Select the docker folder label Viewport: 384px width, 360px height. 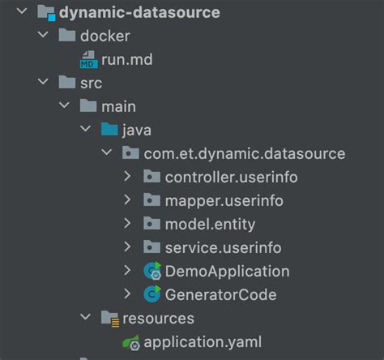pos(105,36)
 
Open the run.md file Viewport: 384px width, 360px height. pos(126,59)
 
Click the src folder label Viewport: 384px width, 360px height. pos(91,83)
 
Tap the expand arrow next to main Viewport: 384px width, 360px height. pos(64,106)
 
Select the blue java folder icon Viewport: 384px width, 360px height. pos(109,130)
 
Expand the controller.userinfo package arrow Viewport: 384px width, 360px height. pos(126,177)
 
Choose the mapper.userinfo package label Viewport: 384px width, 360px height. pos(224,200)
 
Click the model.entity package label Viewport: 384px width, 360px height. pos(210,224)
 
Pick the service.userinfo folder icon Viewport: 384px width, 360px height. pos(151,247)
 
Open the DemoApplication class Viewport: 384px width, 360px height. pos(227,271)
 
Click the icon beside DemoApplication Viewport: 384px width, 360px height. pos(151,271)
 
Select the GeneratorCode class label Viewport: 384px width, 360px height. pos(220,294)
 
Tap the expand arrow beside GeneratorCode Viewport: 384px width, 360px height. pos(126,294)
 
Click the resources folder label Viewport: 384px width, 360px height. pos(158,318)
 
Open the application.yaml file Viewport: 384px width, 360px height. pos(202,341)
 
